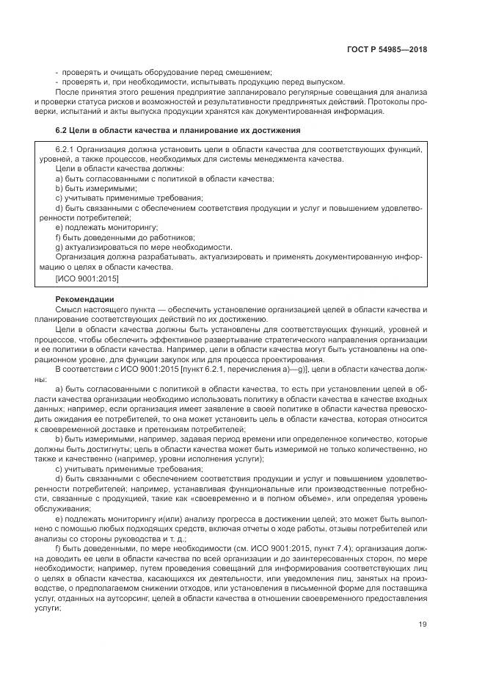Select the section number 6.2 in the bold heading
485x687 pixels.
(62, 130)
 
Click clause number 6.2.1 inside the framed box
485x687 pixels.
(67, 149)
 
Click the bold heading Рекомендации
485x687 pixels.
(83, 301)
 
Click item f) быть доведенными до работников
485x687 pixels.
(125, 238)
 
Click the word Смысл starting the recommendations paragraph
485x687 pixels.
(68, 311)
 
